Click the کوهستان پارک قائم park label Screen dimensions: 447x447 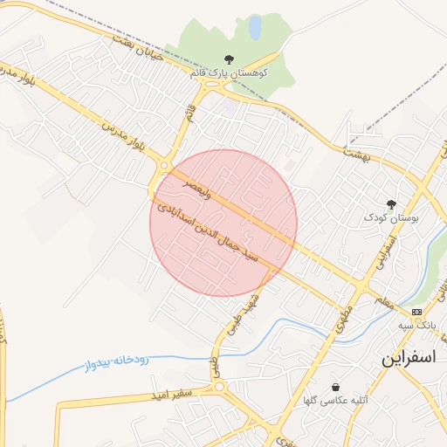click(x=229, y=73)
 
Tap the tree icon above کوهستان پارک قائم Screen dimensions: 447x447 click(x=229, y=59)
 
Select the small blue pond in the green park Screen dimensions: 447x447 click(x=255, y=28)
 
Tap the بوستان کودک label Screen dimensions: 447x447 click(x=390, y=217)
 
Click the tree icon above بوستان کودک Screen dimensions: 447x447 click(x=390, y=203)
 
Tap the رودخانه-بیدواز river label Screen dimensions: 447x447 click(x=121, y=358)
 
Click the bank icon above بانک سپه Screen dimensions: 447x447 click(x=416, y=312)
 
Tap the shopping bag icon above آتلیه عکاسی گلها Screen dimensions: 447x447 click(x=336, y=387)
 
